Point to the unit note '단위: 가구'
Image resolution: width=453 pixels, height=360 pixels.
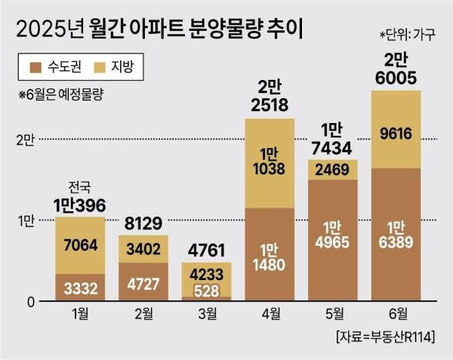(x=408, y=35)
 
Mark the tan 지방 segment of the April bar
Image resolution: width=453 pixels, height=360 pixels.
(x=270, y=162)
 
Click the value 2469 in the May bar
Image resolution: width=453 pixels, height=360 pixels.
(x=333, y=171)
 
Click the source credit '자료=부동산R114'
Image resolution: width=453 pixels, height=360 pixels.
(x=384, y=335)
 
